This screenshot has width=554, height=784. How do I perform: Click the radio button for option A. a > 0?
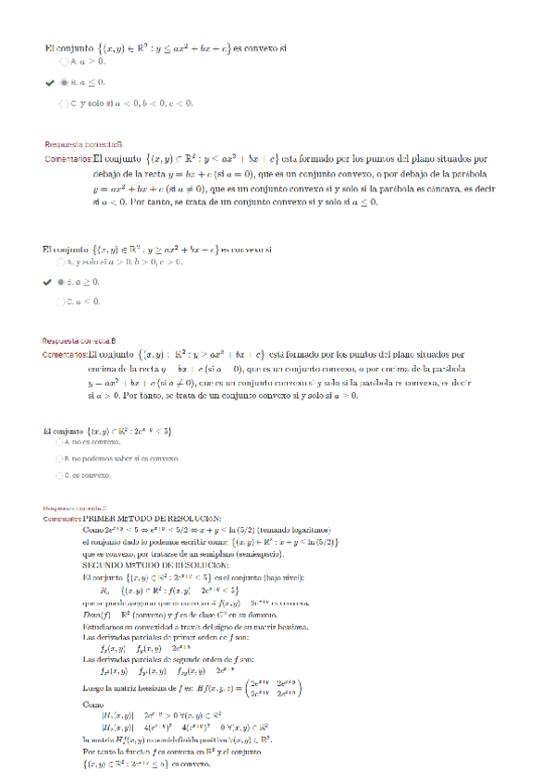coord(62,62)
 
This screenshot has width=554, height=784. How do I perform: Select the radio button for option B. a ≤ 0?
coord(62,82)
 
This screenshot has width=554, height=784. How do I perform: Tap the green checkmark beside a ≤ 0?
coord(48,82)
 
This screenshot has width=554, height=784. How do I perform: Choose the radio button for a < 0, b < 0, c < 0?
coord(62,103)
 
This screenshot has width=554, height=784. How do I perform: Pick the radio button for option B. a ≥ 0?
coord(62,281)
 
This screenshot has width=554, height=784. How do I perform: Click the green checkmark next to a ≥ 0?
coord(48,281)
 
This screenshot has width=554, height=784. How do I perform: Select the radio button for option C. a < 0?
coord(62,301)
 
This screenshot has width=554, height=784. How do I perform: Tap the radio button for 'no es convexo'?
coord(59,443)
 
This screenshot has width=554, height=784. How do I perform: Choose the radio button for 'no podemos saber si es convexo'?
coord(59,459)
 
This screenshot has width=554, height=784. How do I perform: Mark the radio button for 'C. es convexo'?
coord(59,475)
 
